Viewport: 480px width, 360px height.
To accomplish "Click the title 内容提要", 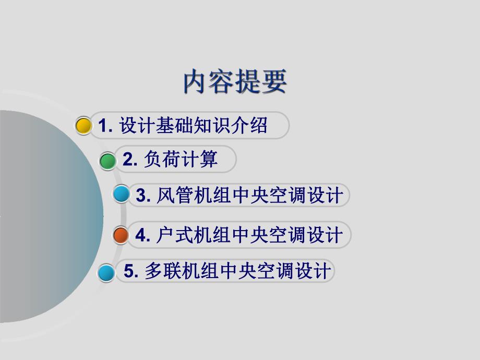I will [235, 82].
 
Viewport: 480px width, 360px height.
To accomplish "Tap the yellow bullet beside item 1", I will [83, 126].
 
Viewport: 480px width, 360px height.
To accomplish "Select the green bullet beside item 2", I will [108, 161].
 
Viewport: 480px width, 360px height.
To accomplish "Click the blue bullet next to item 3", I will [121, 195].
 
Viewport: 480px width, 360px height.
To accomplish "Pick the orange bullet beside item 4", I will [121, 235].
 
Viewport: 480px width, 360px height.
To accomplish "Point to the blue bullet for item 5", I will [106, 272].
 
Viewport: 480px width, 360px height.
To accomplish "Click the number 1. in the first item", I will [106, 126].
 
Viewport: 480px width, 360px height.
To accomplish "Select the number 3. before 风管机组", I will [143, 196].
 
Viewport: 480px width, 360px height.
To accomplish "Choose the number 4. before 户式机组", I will [143, 235].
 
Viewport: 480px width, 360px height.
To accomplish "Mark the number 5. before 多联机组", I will [131, 271].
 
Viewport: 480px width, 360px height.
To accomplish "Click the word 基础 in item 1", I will [175, 126].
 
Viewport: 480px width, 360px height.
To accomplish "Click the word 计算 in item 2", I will [199, 160].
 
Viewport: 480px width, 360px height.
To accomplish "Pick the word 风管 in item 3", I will [175, 195].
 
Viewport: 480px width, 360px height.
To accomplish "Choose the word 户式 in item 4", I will [174, 235].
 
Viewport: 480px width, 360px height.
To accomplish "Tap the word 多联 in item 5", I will [162, 271].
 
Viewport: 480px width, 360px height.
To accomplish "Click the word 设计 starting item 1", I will [138, 126].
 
